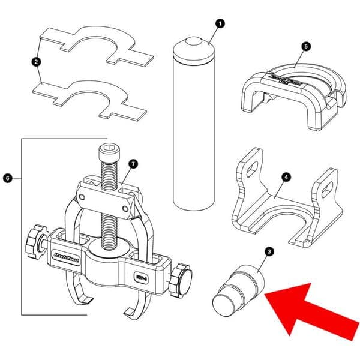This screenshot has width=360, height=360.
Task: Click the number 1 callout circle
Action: click(220, 24)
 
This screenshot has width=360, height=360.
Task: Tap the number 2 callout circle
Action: click(37, 61)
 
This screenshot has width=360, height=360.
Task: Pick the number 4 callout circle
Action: click(286, 177)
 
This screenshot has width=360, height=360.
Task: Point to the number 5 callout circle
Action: click(305, 45)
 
